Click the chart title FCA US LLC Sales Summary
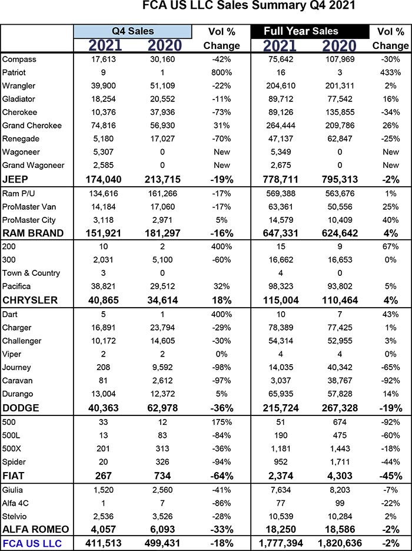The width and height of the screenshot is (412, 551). coord(249,6)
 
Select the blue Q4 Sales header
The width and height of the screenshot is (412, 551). coord(132,31)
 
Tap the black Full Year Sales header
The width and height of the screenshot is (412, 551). coord(310,31)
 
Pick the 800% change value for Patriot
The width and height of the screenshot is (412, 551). coord(221,72)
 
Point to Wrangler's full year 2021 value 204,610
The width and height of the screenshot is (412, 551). coord(280,85)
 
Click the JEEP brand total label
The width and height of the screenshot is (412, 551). coord(15,179)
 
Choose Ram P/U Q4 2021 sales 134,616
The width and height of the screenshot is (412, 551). coord(103,194)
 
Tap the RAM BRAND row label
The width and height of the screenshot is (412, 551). coord(33,233)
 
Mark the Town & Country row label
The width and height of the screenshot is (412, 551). coord(31,273)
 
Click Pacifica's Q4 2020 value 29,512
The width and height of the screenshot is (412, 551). coord(162,286)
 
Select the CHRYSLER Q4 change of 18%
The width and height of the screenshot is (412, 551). coord(221,300)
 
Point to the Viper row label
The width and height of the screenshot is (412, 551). coord(11,354)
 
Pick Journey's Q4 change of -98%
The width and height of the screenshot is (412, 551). coord(221,368)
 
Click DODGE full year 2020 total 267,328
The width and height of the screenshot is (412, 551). coord(340,408)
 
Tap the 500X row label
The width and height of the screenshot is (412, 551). coord(12,448)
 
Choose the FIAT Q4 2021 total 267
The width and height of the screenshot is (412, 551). coord(103,476)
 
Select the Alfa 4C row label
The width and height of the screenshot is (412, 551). coord(15,503)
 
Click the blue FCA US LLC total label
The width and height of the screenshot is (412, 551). coord(32,543)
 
